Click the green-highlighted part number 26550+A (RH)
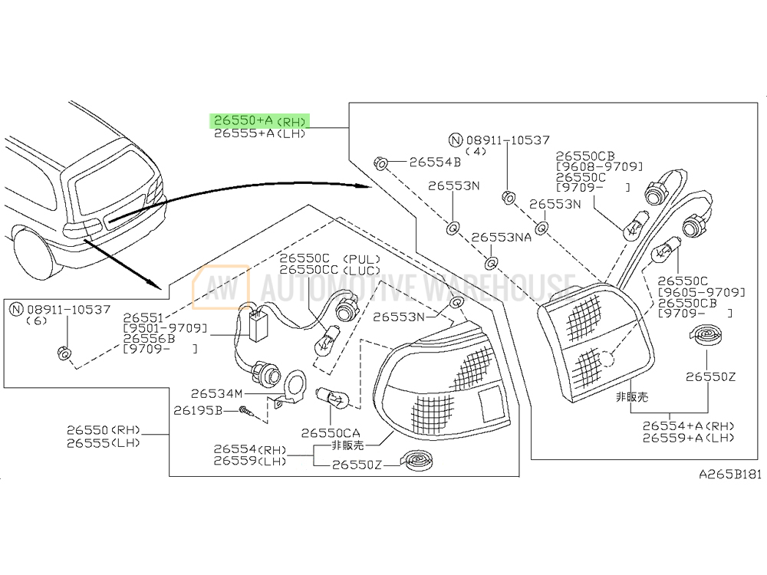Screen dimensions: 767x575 (x=260, y=120)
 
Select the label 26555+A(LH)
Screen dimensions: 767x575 (x=260, y=133)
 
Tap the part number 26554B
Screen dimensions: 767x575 (x=435, y=162)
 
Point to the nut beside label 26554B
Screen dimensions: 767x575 (x=380, y=163)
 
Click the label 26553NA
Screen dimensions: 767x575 (x=501, y=237)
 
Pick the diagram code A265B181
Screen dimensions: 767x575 (x=730, y=474)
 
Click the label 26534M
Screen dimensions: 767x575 (x=216, y=393)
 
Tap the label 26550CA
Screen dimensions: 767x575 (x=330, y=432)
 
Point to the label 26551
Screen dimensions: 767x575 (x=143, y=318)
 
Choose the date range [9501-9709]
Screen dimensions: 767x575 (x=165, y=328)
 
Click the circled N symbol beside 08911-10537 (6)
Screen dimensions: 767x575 (x=17, y=309)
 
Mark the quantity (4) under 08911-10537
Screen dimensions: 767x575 (x=476, y=152)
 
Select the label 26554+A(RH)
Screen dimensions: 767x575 (x=688, y=426)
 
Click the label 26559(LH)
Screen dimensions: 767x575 (x=250, y=461)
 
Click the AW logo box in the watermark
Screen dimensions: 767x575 (x=221, y=287)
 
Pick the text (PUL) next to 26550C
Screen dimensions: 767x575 (x=361, y=258)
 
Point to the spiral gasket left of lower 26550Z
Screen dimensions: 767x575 (x=416, y=460)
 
